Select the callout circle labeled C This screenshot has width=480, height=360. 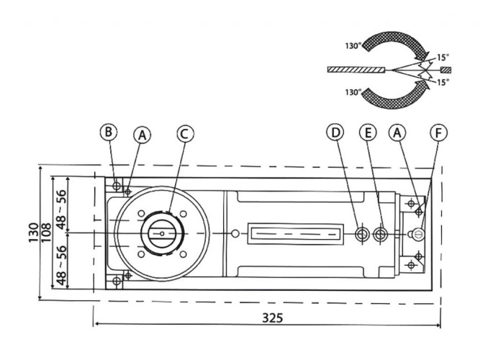pyautogui.click(x=185, y=134)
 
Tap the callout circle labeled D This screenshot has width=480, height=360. pyautogui.click(x=335, y=132)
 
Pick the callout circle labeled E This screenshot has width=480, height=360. pyautogui.click(x=368, y=132)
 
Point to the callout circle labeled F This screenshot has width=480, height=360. pyautogui.click(x=438, y=132)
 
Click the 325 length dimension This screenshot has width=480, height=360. pyautogui.click(x=273, y=318)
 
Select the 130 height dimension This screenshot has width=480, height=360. pyautogui.click(x=34, y=233)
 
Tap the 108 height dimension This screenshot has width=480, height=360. pyautogui.click(x=46, y=233)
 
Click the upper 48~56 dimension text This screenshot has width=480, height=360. pyautogui.click(x=61, y=210)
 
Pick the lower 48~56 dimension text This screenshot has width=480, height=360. pyautogui.click(x=61, y=266)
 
